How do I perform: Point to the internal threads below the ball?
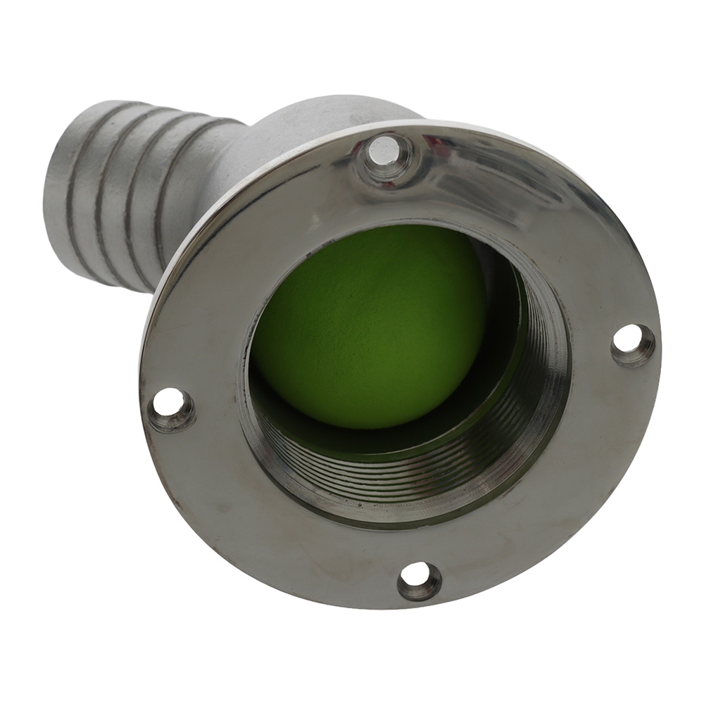click(x=394, y=468)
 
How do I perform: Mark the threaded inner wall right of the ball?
click(x=542, y=352)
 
